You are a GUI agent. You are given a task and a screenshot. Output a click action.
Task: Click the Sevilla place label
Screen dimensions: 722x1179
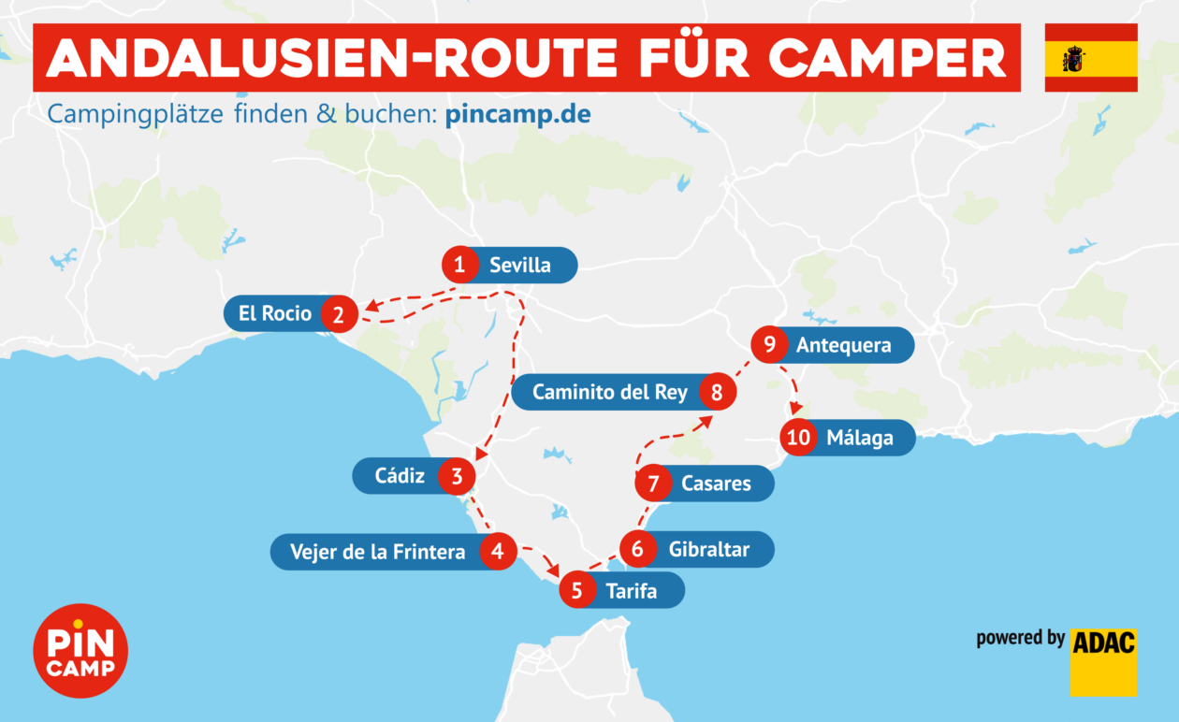(x=520, y=266)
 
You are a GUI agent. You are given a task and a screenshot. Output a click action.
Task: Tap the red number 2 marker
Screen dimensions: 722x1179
(x=338, y=314)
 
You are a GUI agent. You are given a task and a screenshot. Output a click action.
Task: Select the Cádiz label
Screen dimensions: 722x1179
(x=400, y=476)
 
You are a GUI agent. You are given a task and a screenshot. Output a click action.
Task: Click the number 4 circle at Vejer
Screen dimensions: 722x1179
(x=498, y=552)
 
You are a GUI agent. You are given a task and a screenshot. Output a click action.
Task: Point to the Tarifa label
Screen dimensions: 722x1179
(x=632, y=591)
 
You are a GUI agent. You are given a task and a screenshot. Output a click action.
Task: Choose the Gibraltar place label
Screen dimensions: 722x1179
(x=708, y=550)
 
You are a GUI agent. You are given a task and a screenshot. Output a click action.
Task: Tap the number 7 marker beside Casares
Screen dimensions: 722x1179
(x=653, y=484)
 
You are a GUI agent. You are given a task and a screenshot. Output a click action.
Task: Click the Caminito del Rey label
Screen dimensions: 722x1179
(x=609, y=393)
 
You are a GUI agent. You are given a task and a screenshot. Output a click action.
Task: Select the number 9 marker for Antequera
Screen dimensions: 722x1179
(x=769, y=345)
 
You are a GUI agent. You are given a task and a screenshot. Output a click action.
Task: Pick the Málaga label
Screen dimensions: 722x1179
(x=860, y=438)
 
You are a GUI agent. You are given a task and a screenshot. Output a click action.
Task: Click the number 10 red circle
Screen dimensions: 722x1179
(x=798, y=438)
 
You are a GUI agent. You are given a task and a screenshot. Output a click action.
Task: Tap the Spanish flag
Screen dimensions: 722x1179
(x=1091, y=58)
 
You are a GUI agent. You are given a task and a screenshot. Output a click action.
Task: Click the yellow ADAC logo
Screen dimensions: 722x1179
(x=1103, y=661)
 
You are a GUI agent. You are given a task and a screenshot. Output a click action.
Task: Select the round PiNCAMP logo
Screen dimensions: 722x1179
(x=80, y=651)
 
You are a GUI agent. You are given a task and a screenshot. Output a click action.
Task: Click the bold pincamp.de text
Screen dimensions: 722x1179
(x=517, y=115)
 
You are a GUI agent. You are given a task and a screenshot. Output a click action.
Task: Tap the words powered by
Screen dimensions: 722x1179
(x=1020, y=639)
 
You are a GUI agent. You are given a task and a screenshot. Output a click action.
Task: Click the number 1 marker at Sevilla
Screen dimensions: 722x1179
(x=459, y=266)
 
